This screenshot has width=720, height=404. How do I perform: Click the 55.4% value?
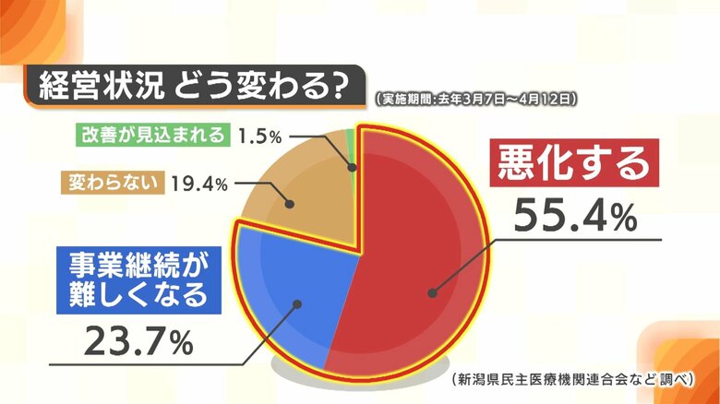tap(575, 218)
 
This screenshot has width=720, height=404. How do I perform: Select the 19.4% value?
tap(199, 184)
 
